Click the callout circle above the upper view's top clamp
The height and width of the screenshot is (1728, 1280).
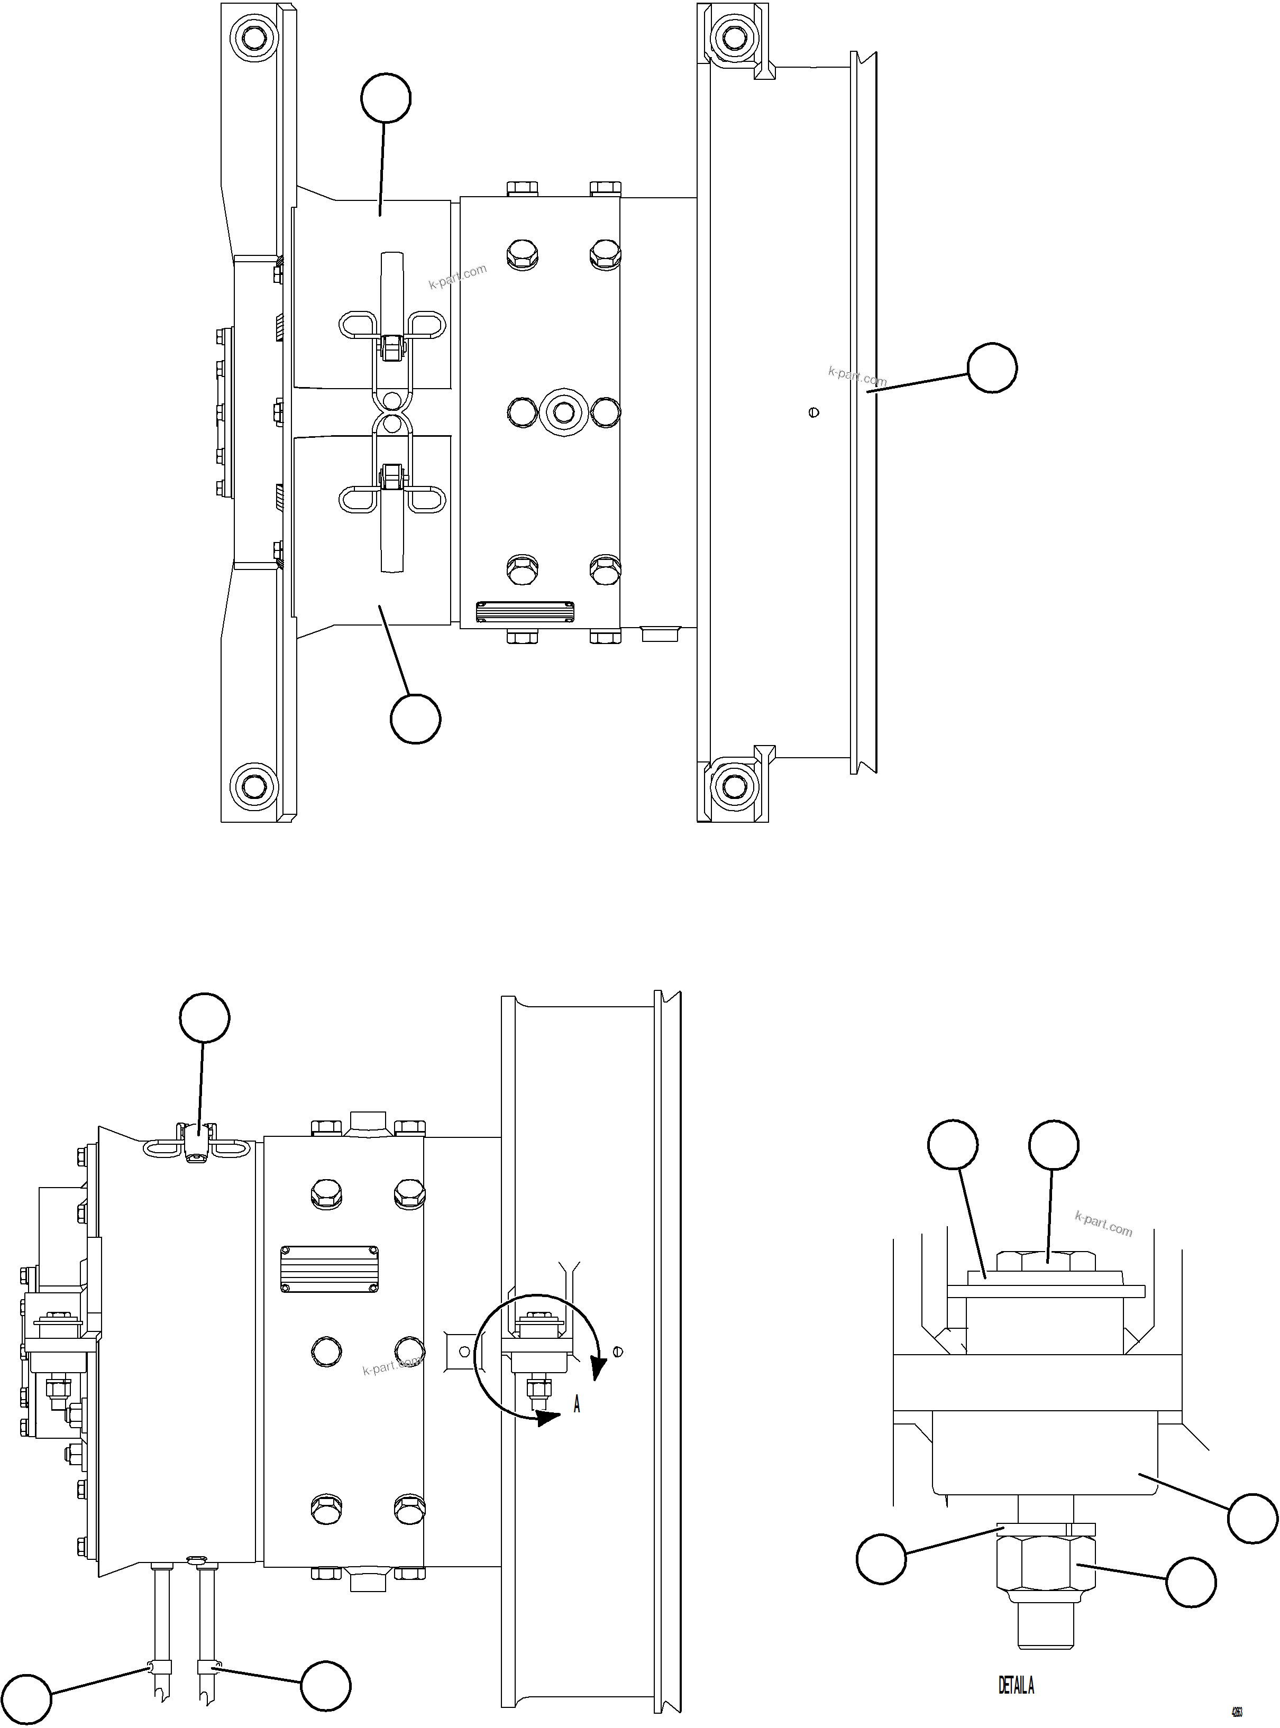point(386,98)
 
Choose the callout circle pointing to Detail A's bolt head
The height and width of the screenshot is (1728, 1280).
point(1053,1145)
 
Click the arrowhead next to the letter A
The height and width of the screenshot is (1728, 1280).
point(548,1418)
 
